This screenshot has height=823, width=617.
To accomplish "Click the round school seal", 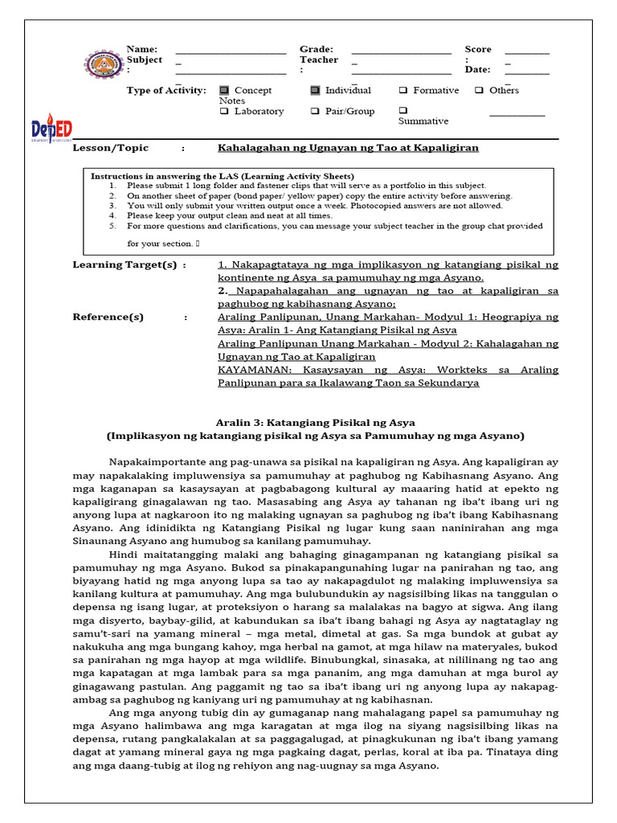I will click(x=100, y=65).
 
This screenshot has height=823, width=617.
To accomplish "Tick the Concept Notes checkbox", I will click(x=224, y=91).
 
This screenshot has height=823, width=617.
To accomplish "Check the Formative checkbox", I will click(x=403, y=91).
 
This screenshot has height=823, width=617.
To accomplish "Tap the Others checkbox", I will click(x=479, y=91).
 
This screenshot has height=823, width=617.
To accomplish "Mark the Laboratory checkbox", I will click(x=224, y=112).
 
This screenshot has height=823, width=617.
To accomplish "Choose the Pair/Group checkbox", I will click(x=315, y=112).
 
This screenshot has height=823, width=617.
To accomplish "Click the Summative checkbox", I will click(x=403, y=111).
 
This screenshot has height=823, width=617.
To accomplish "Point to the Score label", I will click(x=478, y=50).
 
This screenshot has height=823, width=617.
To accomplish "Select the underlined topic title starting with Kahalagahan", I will click(x=348, y=149).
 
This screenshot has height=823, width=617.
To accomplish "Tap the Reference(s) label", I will click(x=108, y=317).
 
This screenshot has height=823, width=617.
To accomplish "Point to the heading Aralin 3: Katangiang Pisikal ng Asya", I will click(x=316, y=422).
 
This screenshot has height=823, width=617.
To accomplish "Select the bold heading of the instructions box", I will click(x=222, y=176).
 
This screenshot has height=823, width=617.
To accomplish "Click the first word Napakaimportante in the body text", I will click(x=156, y=461).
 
